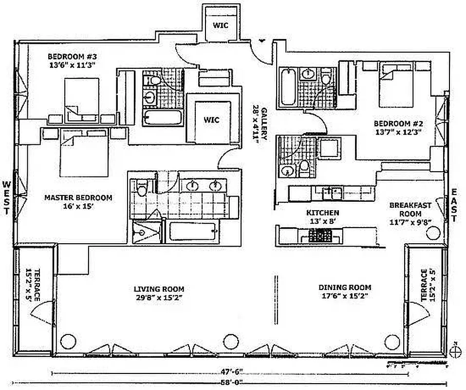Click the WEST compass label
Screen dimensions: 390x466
click(x=7, y=197)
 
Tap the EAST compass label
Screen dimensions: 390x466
click(x=454, y=205)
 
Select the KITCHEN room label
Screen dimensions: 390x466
click(x=322, y=213)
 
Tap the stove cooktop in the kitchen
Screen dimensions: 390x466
click(x=321, y=236)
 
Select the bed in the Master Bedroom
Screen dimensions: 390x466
click(x=83, y=156)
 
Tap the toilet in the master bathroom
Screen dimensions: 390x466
click(x=142, y=186)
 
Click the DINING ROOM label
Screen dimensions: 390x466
click(x=345, y=287)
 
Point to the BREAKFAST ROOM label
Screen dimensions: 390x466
click(x=410, y=209)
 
